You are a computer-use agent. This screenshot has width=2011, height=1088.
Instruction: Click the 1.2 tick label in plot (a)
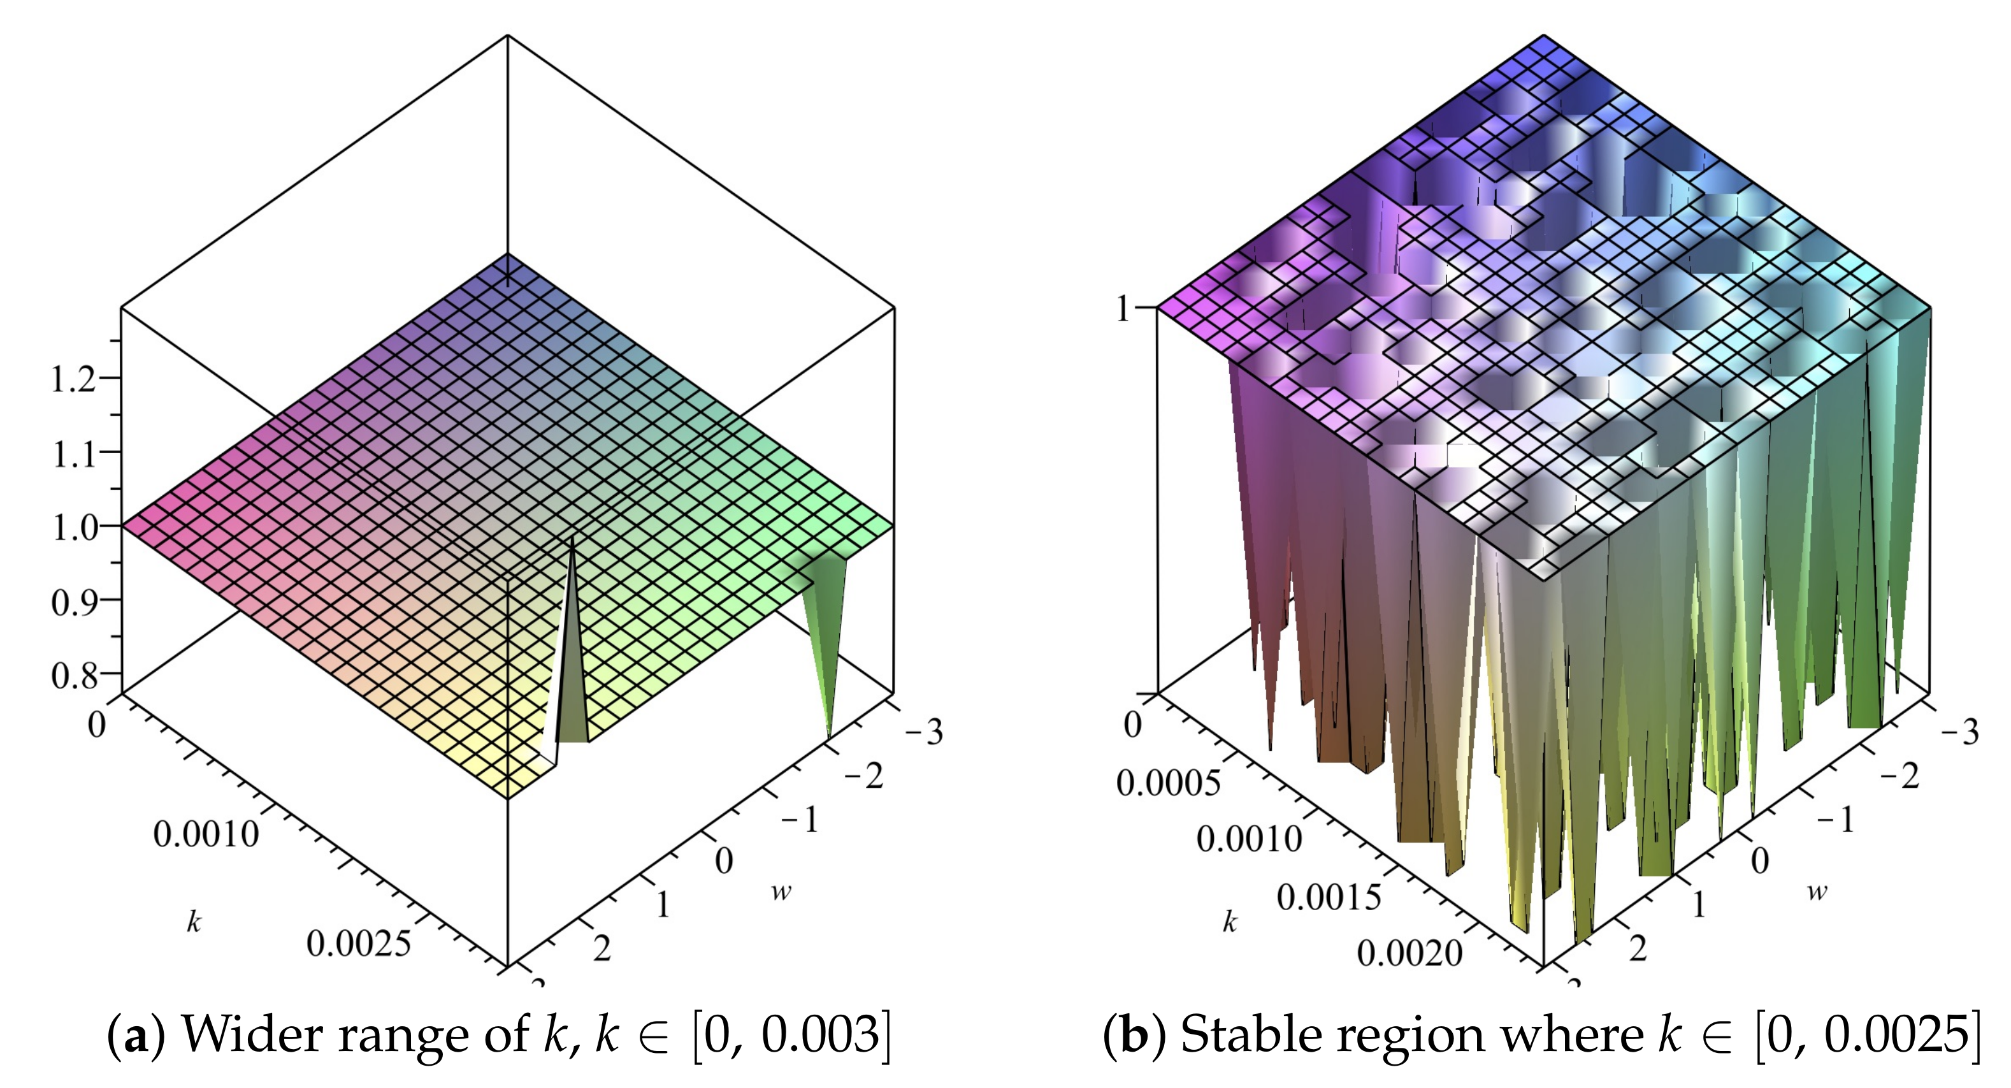(x=73, y=381)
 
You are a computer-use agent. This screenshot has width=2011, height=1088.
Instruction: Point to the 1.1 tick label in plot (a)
(x=73, y=454)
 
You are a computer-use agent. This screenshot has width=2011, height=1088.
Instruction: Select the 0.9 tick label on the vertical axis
(x=73, y=602)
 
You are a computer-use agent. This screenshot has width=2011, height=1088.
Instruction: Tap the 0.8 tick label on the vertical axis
(x=73, y=675)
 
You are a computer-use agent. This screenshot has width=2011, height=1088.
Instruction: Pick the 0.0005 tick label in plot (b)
(x=1168, y=783)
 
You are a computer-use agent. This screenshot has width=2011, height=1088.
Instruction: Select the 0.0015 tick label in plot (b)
(x=1328, y=897)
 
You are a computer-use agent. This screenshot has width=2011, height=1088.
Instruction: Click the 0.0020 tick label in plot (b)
(x=1409, y=953)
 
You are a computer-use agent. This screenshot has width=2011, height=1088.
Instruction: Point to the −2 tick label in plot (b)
(x=1899, y=776)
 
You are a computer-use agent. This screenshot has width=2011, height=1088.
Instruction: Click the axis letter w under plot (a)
(x=781, y=892)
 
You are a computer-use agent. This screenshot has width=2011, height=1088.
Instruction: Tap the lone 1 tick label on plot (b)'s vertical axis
(x=1123, y=310)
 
